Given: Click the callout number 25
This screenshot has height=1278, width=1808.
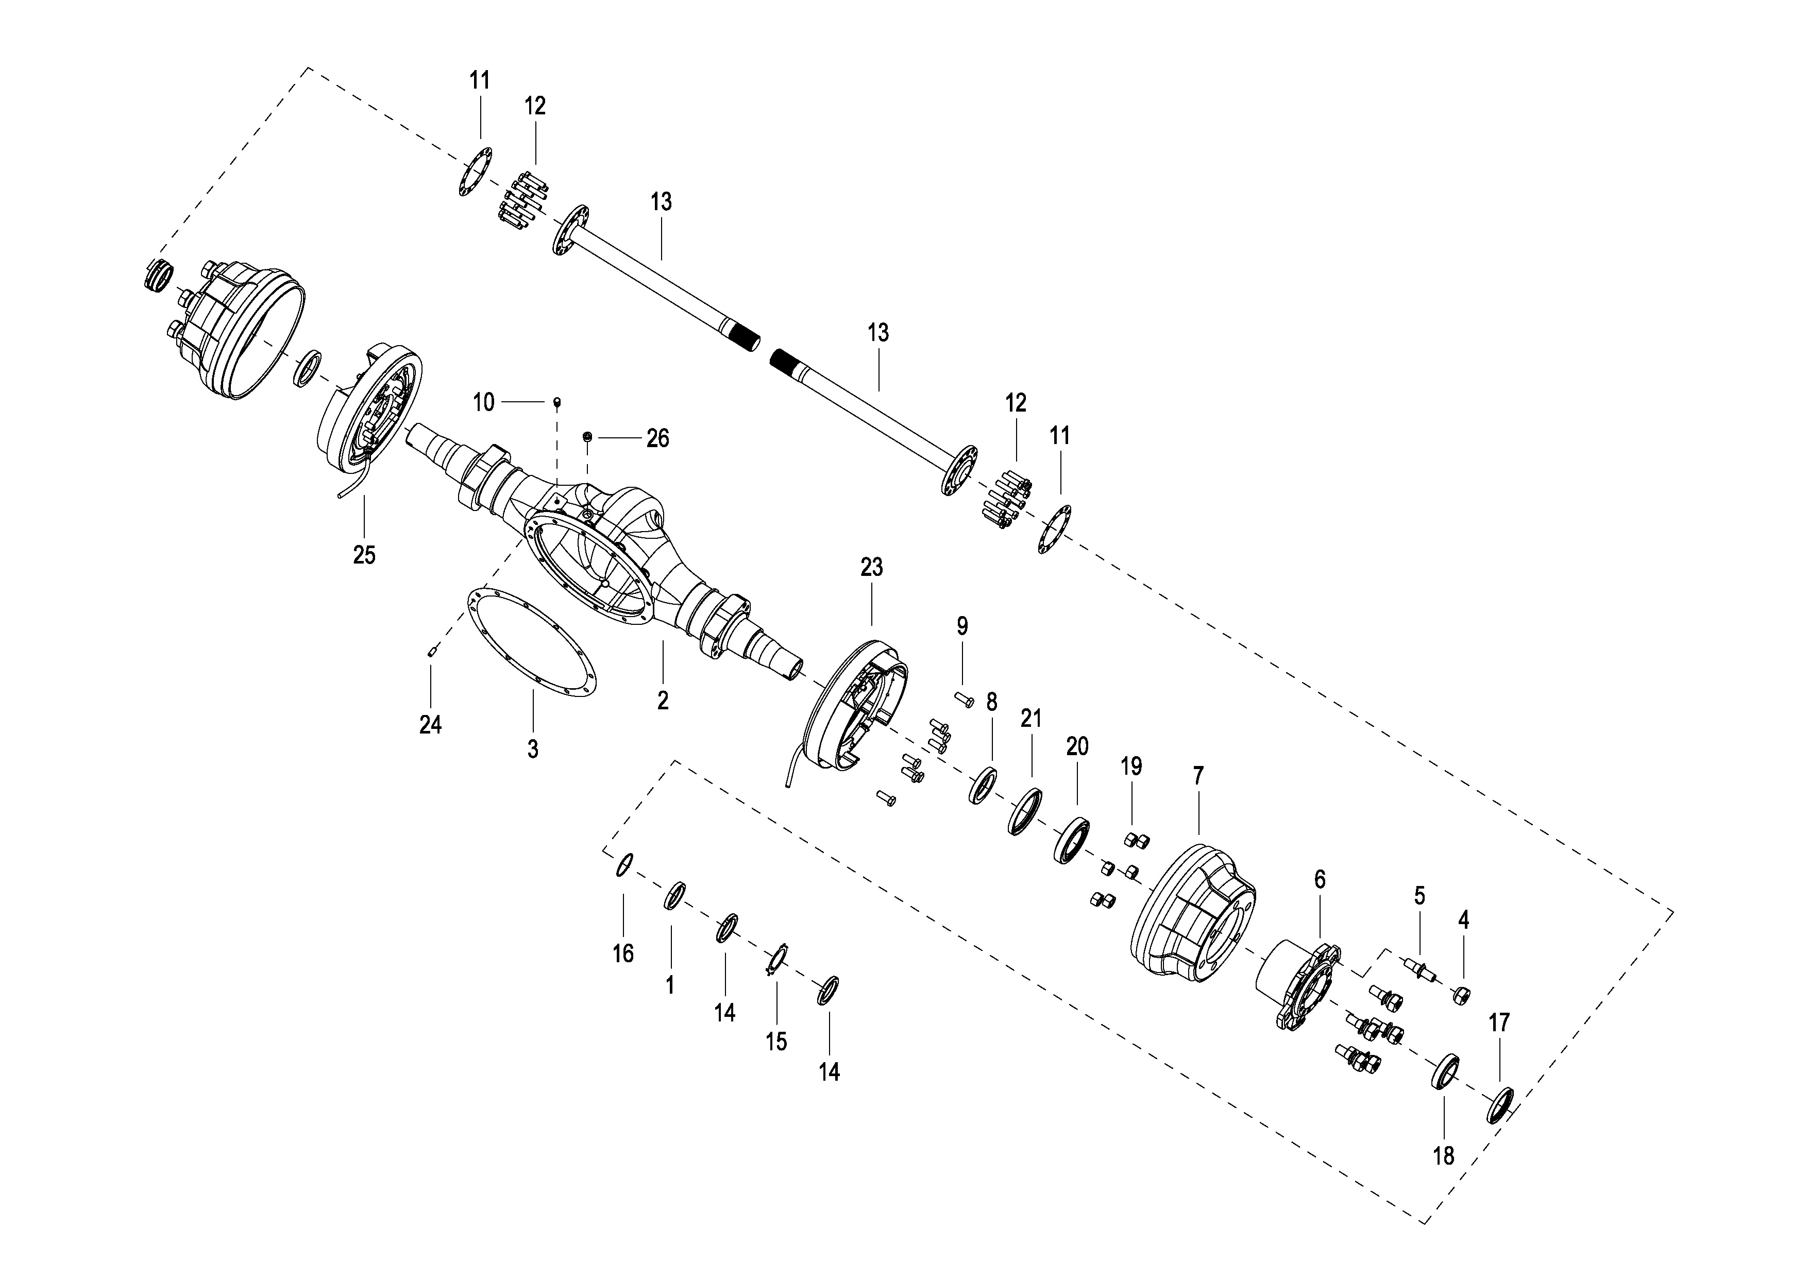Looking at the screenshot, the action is click(364, 555).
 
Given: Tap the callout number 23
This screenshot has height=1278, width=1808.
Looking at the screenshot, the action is click(872, 567).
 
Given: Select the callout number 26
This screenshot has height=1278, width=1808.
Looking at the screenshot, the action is click(657, 438).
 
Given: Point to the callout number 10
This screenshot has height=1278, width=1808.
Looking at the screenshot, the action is click(483, 402).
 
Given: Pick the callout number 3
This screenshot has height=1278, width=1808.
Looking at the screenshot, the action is click(533, 749).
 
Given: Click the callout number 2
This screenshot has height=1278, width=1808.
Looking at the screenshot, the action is click(663, 700).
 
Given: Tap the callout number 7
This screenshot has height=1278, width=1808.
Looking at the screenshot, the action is click(1198, 776).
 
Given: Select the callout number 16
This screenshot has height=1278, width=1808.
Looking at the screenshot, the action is click(623, 953).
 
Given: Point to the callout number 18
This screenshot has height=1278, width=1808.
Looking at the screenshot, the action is click(1443, 1156).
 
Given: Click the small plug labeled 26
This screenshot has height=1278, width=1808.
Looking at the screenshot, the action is click(587, 436).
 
